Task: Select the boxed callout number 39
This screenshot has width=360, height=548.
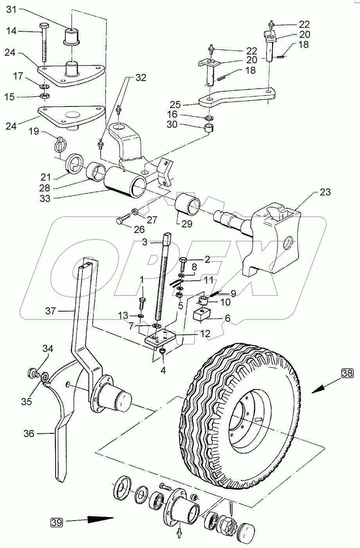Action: point(56,522)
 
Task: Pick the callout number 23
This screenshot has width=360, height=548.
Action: point(325,192)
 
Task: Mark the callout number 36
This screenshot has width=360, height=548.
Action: point(29,434)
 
